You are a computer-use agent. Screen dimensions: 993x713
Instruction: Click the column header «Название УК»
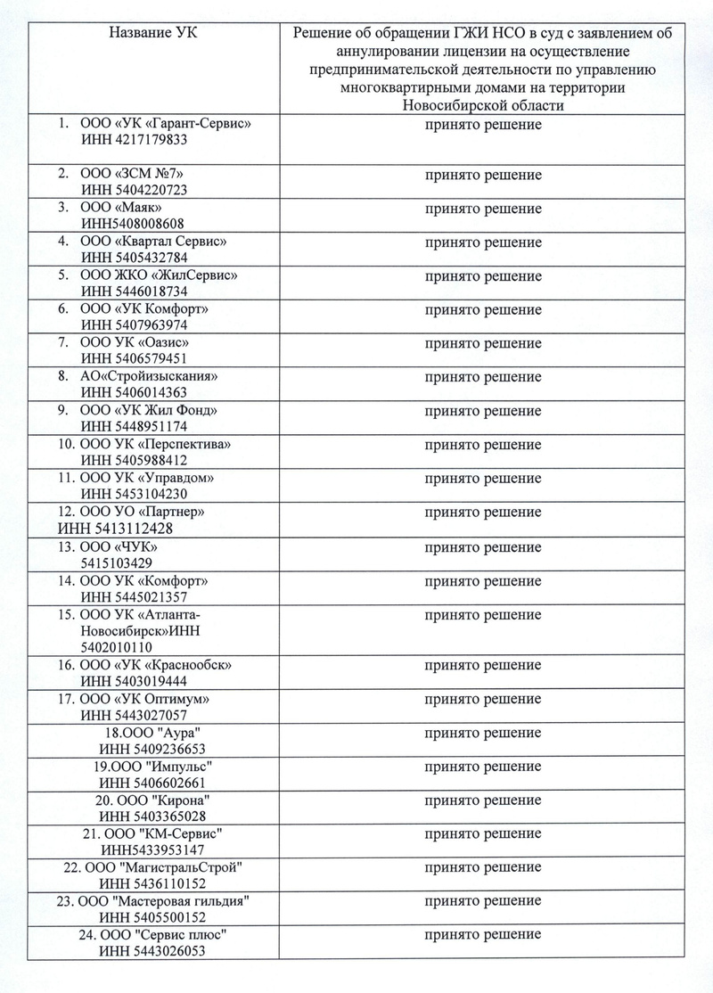[153, 33]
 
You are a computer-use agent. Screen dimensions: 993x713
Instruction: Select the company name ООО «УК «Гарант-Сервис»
[160, 124]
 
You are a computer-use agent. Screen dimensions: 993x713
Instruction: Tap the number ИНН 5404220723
[134, 190]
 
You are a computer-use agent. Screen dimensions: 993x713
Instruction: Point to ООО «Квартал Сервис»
[148, 242]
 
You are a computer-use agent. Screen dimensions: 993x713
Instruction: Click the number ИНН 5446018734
[134, 291]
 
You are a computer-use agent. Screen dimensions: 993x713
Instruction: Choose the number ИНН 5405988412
[134, 461]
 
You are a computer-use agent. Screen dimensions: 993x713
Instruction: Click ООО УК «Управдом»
[147, 478]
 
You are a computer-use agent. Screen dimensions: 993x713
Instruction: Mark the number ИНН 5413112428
[114, 528]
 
